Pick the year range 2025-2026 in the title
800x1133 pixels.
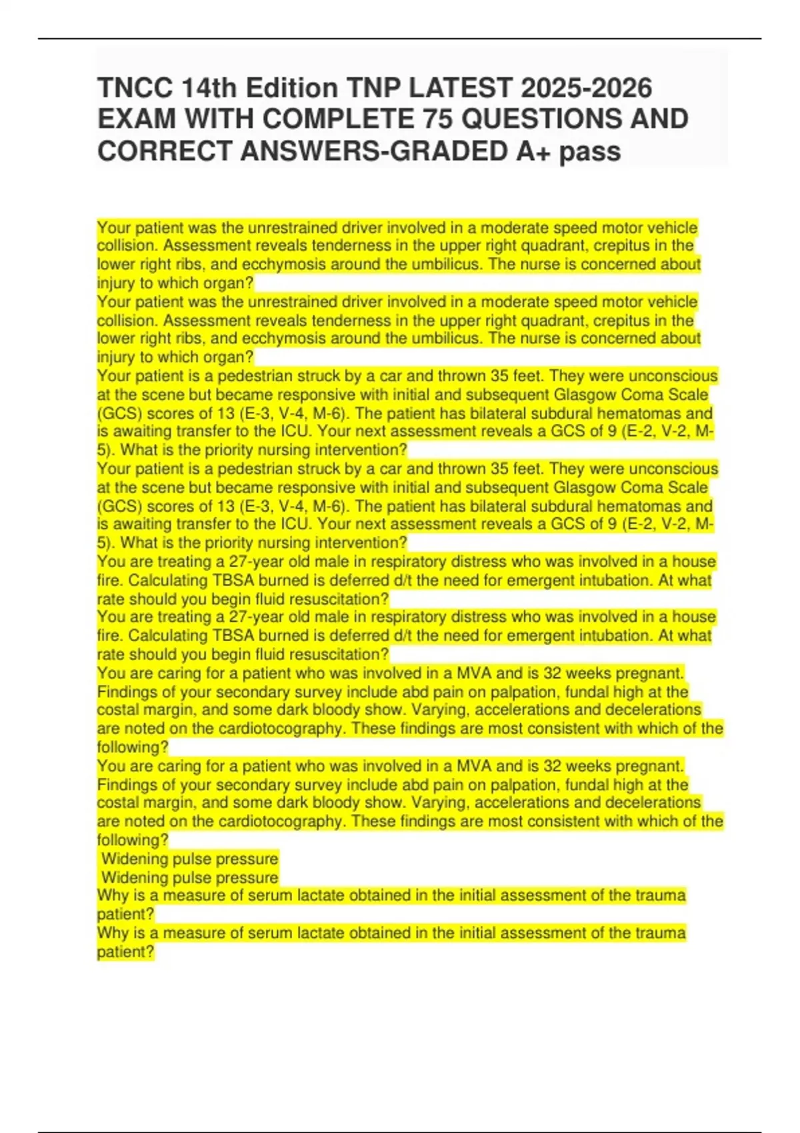pos(587,88)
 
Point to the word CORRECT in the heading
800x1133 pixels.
pos(164,151)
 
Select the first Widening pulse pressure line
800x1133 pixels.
pos(189,858)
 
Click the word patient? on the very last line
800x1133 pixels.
pos(125,952)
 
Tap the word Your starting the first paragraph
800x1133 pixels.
pos(112,228)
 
